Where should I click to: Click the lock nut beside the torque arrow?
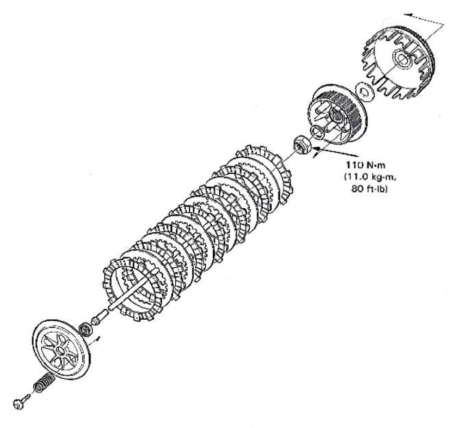[299, 144]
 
